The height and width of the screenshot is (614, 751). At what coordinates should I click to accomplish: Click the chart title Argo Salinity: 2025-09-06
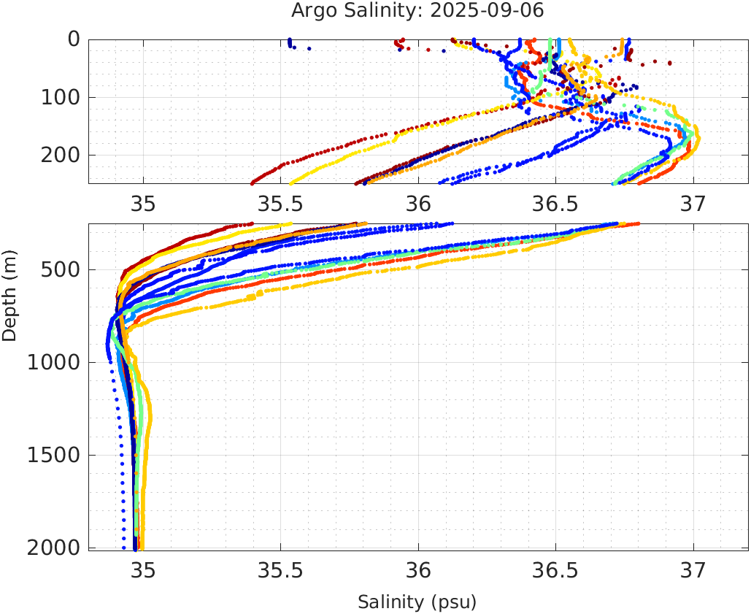click(x=417, y=11)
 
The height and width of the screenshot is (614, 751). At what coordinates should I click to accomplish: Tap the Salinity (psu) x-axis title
click(x=417, y=602)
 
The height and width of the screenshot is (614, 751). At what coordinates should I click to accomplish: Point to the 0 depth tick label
click(x=74, y=39)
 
